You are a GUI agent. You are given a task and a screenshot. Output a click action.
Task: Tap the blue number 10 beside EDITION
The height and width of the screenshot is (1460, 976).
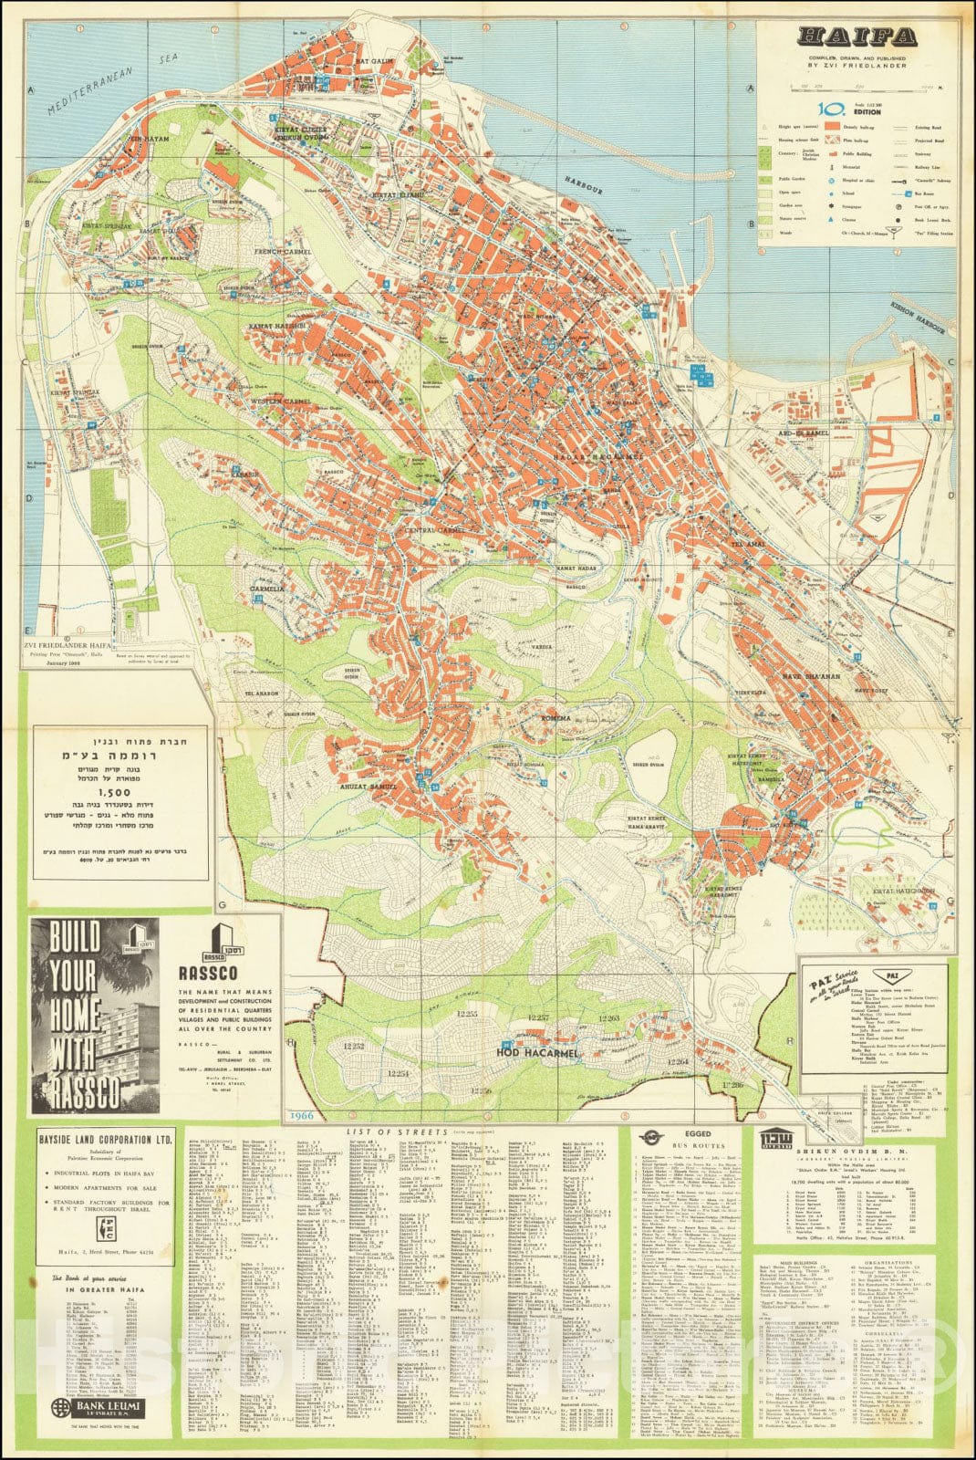tap(829, 107)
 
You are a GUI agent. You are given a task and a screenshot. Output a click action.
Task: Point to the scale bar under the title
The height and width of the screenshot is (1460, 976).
tap(857, 89)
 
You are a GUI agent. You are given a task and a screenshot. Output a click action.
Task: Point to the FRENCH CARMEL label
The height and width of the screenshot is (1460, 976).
tap(284, 252)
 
